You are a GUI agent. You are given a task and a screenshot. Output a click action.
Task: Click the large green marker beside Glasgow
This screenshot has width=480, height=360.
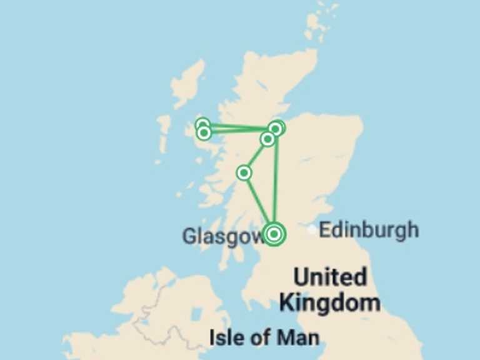(x=274, y=234)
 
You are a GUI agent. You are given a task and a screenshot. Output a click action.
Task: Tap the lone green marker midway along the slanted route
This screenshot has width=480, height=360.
(x=244, y=172)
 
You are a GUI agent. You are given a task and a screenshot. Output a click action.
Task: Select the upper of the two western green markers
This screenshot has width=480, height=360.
(x=202, y=125)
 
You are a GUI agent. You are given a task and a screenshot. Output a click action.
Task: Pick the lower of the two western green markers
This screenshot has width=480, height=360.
(x=203, y=132)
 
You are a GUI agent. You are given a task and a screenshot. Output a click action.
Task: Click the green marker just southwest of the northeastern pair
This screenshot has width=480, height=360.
(x=267, y=139)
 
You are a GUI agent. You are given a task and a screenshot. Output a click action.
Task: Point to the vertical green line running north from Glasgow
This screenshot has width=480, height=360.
(x=275, y=181)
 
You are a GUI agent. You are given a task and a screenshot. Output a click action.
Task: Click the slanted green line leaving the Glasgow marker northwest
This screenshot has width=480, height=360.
(x=259, y=203)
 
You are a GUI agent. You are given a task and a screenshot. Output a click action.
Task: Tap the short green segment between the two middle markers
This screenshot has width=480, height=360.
(x=256, y=155)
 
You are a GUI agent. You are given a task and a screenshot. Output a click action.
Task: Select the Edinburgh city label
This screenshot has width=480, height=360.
(x=369, y=230)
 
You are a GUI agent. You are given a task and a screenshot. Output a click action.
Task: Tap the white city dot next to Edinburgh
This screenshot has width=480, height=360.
(x=312, y=230)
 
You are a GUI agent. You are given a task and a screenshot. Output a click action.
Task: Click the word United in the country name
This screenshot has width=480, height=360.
(x=330, y=277)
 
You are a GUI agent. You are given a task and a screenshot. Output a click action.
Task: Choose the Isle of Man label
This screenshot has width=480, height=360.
(x=264, y=338)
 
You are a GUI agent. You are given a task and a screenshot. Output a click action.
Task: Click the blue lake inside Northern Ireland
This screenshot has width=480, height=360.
(x=197, y=314)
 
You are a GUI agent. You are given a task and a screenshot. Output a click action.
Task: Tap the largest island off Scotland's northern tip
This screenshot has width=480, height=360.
(x=317, y=25)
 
